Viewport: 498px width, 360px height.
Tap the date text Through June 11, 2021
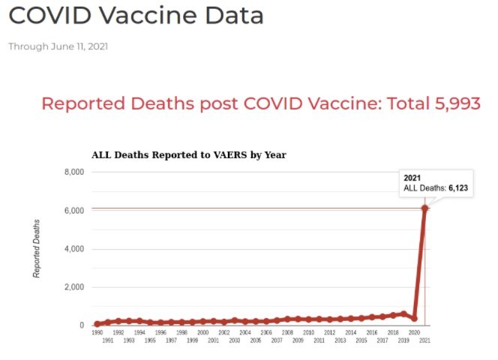pos(58,46)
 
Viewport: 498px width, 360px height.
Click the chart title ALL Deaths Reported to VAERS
pos(188,155)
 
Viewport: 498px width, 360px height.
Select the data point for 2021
pos(424,208)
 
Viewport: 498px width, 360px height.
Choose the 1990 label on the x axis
pos(97,332)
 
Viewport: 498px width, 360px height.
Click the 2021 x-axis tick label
pos(424,340)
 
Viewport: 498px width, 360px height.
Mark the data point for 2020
pos(414,319)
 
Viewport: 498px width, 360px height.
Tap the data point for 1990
pos(97,324)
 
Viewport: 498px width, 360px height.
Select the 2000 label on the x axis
pos(202,332)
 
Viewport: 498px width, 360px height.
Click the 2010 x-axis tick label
pos(308,332)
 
